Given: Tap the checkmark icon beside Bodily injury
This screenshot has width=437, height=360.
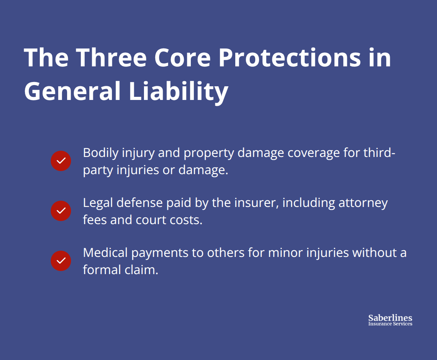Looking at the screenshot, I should point(61,161).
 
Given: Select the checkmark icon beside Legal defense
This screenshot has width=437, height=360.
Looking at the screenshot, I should point(61,211).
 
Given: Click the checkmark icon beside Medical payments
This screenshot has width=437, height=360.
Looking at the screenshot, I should point(61,261).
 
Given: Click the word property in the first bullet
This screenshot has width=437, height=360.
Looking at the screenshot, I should point(208,153).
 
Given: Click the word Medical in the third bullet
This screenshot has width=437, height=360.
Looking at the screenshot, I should point(105,253).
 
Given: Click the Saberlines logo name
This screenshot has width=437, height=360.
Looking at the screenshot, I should point(390,318).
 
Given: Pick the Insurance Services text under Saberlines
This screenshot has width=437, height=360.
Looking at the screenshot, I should point(390,324).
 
